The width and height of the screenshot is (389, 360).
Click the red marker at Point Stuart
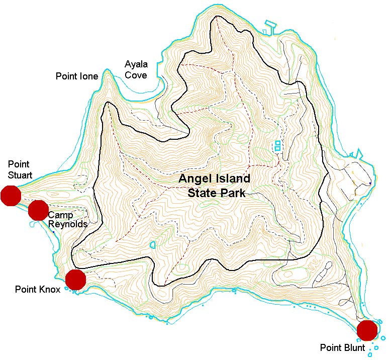10,196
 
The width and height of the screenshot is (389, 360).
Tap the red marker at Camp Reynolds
38,210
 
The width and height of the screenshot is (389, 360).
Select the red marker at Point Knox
76,280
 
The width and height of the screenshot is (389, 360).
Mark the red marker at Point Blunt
367,330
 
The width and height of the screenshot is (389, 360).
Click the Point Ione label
76,76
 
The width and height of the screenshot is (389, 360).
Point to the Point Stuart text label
20,170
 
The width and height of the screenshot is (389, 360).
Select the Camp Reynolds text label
68,220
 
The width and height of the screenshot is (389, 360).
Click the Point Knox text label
38,289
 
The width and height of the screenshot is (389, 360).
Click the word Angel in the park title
193,179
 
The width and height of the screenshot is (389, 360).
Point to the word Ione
89,76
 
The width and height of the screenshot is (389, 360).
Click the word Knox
50,289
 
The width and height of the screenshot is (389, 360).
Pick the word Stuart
20,175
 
